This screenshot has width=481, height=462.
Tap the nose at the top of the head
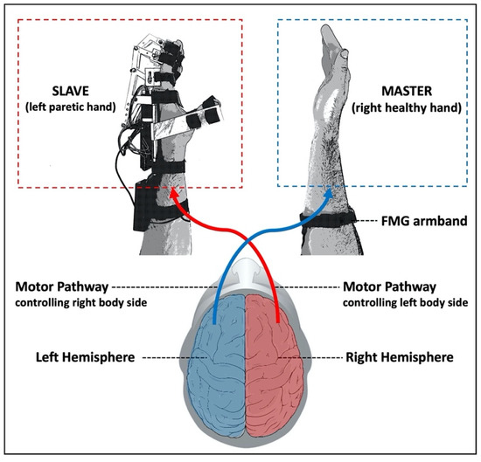[x=240, y=265]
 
